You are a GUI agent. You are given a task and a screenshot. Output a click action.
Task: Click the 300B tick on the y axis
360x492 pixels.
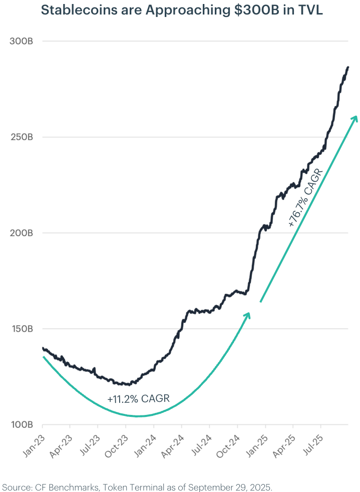click(22, 41)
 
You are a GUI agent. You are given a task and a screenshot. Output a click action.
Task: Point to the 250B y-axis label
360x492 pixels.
click(22, 137)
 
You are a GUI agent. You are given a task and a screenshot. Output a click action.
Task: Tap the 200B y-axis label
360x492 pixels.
click(22, 233)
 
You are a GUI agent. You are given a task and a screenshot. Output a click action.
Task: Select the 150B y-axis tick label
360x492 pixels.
click(22, 329)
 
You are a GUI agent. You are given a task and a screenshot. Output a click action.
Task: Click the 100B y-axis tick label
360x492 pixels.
click(22, 425)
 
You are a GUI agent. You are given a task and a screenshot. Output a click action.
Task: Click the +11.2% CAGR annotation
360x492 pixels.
click(138, 399)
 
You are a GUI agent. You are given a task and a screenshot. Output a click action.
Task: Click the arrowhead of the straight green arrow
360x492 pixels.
click(355, 118)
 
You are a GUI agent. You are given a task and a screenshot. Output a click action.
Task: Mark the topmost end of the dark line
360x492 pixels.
click(348, 67)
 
